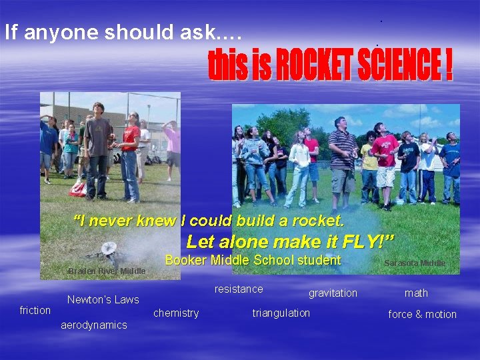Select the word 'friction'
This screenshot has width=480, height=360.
pyautogui.click(x=35, y=310)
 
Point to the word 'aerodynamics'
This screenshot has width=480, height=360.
pyautogui.click(x=94, y=325)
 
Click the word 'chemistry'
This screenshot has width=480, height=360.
pyautogui.click(x=176, y=313)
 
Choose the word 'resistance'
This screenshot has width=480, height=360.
pyautogui.click(x=239, y=289)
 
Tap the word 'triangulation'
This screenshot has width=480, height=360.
pyautogui.click(x=281, y=313)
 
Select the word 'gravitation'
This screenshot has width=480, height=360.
pyautogui.click(x=333, y=293)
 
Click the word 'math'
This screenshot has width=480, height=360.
pyautogui.click(x=416, y=293)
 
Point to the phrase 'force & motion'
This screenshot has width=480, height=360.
pyautogui.click(x=423, y=314)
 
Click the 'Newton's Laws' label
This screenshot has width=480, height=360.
pyautogui.click(x=103, y=299)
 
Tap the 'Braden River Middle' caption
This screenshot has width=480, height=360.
pyautogui.click(x=107, y=271)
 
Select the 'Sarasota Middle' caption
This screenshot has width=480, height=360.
pyautogui.click(x=415, y=263)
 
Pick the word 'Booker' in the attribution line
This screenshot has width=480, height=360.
pyautogui.click(x=185, y=260)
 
